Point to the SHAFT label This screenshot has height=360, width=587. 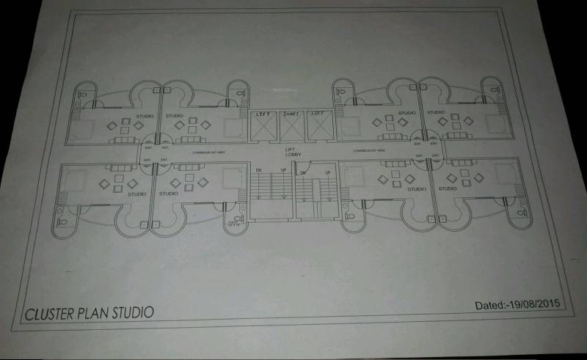pos(291,114)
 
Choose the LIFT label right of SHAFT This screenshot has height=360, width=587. pos(318,114)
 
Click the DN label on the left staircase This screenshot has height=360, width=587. pos(258,171)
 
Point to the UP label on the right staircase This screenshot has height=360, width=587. pos(327,172)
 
